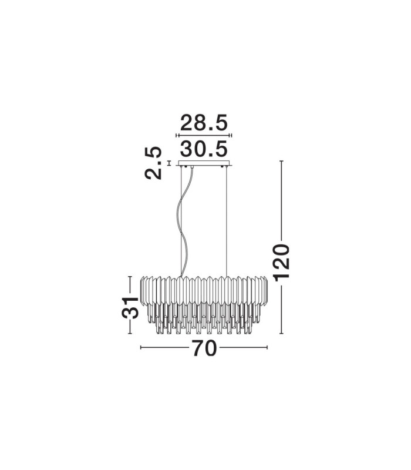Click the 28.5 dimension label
pos(204,122)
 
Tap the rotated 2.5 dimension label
pos(153,163)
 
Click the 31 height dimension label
pos(130,308)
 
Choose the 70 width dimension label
pos(204,348)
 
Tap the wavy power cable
pos(185,222)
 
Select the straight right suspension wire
pos(227,221)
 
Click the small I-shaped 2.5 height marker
pos(169,163)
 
